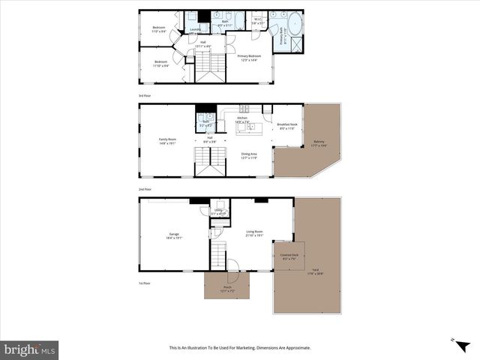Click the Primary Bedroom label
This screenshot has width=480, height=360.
pyautogui.click(x=249, y=57)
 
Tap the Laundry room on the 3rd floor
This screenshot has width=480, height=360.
pyautogui.click(x=195, y=29)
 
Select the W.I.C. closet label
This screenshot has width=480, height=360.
pyautogui.click(x=256, y=21)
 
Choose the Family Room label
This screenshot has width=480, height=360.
pyautogui.click(x=166, y=140)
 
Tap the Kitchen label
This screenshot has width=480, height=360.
pyautogui.click(x=242, y=118)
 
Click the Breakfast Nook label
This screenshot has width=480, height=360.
pyautogui.click(x=287, y=126)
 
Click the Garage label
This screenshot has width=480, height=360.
pyautogui.click(x=174, y=235)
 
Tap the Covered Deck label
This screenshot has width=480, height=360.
pyautogui.click(x=288, y=257)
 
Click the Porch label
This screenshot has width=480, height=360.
pyautogui.click(x=227, y=288)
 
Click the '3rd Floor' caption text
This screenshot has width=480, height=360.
pyautogui.click(x=145, y=95)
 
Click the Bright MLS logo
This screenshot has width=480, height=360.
pyautogui.click(x=30, y=349)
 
